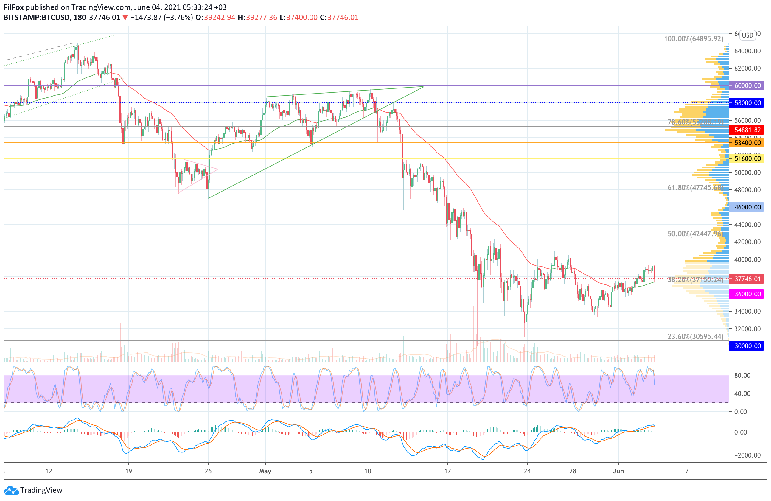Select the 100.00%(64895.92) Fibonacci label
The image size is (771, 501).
[x=694, y=39]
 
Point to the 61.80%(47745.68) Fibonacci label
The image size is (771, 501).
[x=695, y=188]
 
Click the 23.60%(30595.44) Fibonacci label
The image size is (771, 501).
[x=695, y=337]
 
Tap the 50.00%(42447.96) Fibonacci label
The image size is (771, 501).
[x=695, y=234]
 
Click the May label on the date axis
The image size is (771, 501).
[x=265, y=471]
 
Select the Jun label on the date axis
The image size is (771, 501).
[x=618, y=471]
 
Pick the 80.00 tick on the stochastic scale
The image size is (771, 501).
[x=742, y=375]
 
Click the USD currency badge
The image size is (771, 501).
[x=748, y=35]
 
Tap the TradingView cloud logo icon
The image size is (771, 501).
[x=11, y=490]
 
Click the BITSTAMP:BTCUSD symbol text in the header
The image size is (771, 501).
[x=36, y=18]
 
